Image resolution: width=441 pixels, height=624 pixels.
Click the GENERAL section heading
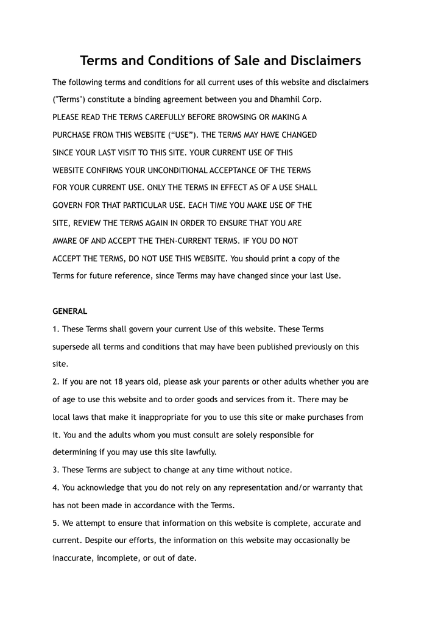(70, 311)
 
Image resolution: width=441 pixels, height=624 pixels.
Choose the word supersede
(72, 347)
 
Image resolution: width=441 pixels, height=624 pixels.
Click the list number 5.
(55, 523)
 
